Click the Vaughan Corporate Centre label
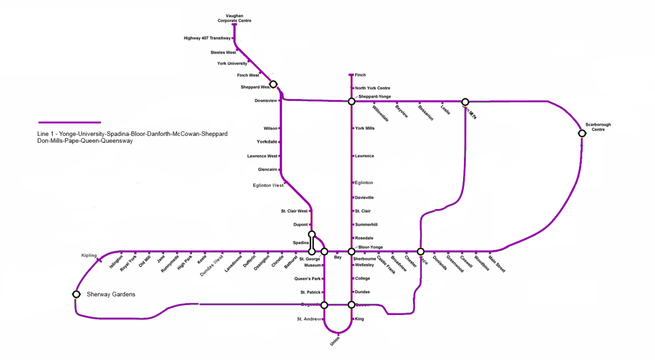234,18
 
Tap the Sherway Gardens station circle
76,294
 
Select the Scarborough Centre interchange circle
582,133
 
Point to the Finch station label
360,75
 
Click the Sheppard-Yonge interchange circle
352,101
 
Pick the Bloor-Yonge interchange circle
352,252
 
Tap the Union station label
335,341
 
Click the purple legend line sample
70,122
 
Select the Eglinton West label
268,186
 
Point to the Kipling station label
89,255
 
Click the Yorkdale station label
267,142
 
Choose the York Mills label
365,128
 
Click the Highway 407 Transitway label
207,38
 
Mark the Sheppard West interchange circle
273,84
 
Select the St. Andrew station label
309,319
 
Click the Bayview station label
402,111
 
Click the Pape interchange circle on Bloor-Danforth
421,252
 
